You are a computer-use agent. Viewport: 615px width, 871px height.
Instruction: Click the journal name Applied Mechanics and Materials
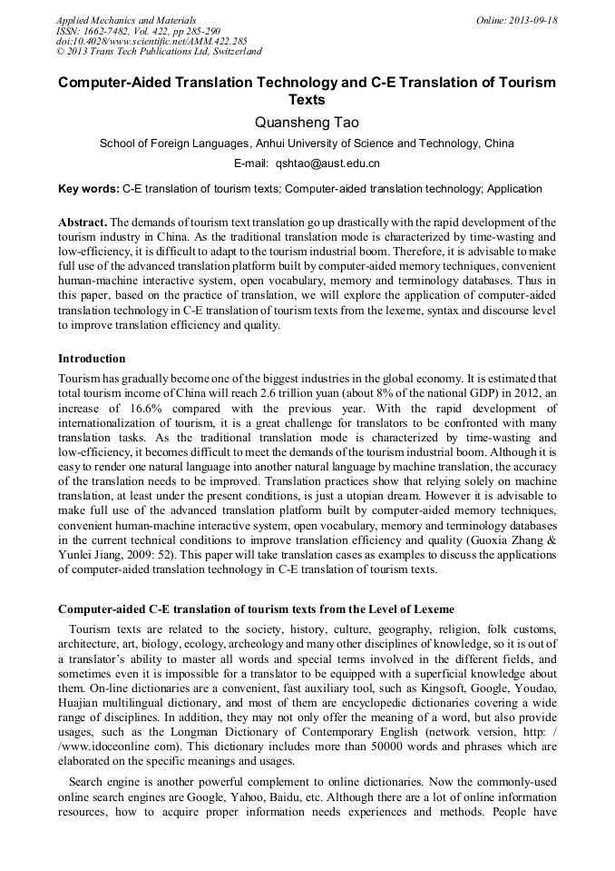click(x=126, y=20)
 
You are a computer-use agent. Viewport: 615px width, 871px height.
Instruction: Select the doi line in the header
click(x=151, y=42)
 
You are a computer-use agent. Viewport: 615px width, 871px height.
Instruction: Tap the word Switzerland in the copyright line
click(x=232, y=53)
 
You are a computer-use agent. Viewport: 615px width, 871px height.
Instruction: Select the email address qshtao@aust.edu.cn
click(x=327, y=163)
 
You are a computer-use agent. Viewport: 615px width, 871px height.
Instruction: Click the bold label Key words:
click(x=88, y=189)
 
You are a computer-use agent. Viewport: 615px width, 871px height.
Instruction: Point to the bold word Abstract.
click(x=83, y=223)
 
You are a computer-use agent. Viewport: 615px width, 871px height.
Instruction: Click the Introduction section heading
click(x=92, y=359)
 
